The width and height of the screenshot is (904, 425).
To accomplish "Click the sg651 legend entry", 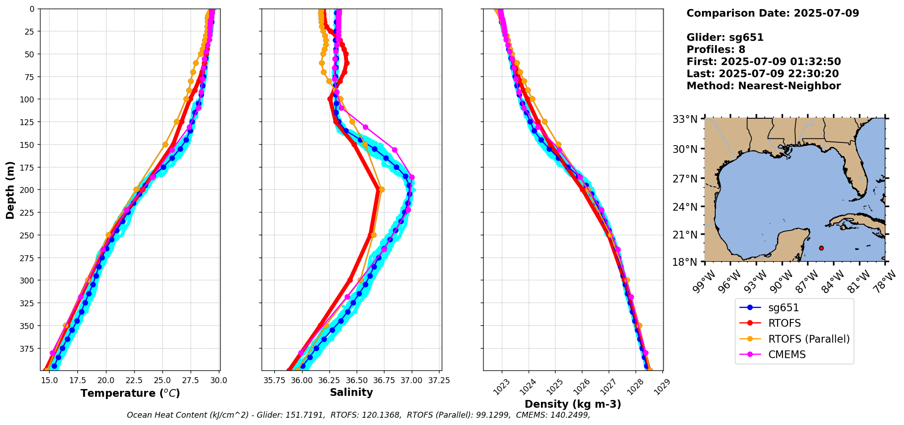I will (x=783, y=308).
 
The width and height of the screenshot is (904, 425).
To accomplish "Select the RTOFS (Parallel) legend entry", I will (x=808, y=339).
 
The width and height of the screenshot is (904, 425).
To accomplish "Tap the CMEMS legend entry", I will (x=787, y=354).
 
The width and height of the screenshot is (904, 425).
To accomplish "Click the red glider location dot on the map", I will (x=821, y=248).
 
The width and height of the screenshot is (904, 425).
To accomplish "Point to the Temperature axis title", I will (x=130, y=393).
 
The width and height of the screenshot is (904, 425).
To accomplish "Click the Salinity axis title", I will (x=351, y=392).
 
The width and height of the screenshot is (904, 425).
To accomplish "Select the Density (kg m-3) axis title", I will (x=573, y=404).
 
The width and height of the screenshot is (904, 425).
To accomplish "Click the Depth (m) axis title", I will (x=10, y=190).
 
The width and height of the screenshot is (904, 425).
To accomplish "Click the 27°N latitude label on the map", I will (x=685, y=179).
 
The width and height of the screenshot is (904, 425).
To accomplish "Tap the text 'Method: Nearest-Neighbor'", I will (x=763, y=86).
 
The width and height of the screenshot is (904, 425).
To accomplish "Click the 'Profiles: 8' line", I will (x=716, y=50).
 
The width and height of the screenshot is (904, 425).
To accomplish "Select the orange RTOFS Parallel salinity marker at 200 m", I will (x=381, y=190).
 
